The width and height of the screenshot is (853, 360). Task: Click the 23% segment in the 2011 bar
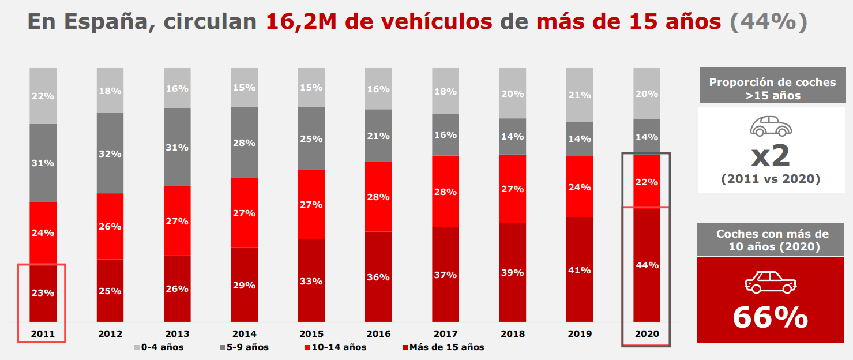tap(43, 293)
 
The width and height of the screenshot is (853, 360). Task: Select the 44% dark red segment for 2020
tap(647, 265)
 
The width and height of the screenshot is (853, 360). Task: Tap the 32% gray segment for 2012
tap(110, 153)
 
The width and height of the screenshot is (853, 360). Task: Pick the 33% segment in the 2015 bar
tap(311, 282)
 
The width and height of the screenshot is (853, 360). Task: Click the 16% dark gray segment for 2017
tap(446, 134)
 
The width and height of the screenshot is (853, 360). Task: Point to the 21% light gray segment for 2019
tap(580, 95)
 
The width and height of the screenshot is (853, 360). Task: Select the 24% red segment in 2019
tap(580, 187)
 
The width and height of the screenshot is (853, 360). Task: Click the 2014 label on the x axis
tap(244, 333)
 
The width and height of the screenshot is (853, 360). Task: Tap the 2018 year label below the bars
tap(513, 333)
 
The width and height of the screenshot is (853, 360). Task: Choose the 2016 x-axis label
tap(378, 333)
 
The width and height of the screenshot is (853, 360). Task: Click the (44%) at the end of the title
tap(768, 22)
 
